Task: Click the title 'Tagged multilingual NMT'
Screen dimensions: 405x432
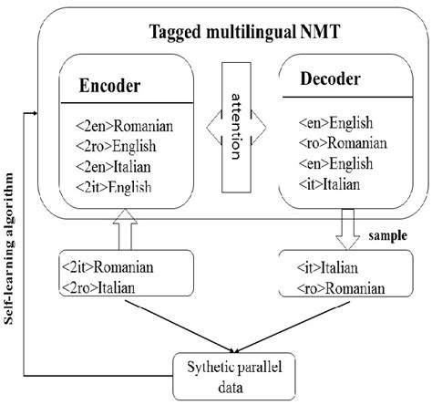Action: [238, 36]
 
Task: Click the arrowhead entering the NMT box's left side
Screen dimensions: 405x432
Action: [34, 113]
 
